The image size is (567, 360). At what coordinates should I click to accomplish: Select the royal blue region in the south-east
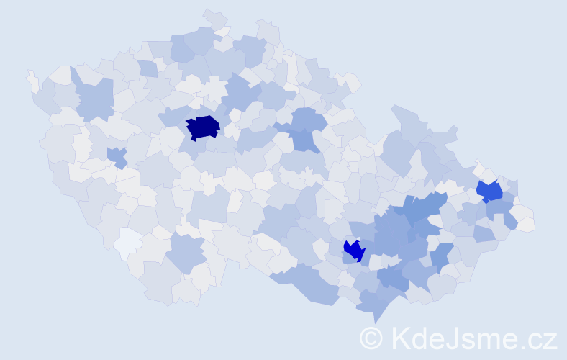(x=354, y=251)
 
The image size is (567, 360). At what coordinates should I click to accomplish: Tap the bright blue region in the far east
(x=490, y=192)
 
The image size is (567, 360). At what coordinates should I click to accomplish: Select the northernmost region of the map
(x=214, y=18)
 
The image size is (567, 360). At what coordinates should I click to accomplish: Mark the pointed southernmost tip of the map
(x=374, y=318)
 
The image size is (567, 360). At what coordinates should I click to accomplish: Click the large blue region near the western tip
(x=94, y=99)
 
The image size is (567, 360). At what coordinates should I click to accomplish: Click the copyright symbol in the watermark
(x=371, y=338)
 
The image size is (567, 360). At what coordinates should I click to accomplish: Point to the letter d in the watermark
(x=421, y=338)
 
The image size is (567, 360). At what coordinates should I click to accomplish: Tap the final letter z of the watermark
(x=550, y=340)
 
